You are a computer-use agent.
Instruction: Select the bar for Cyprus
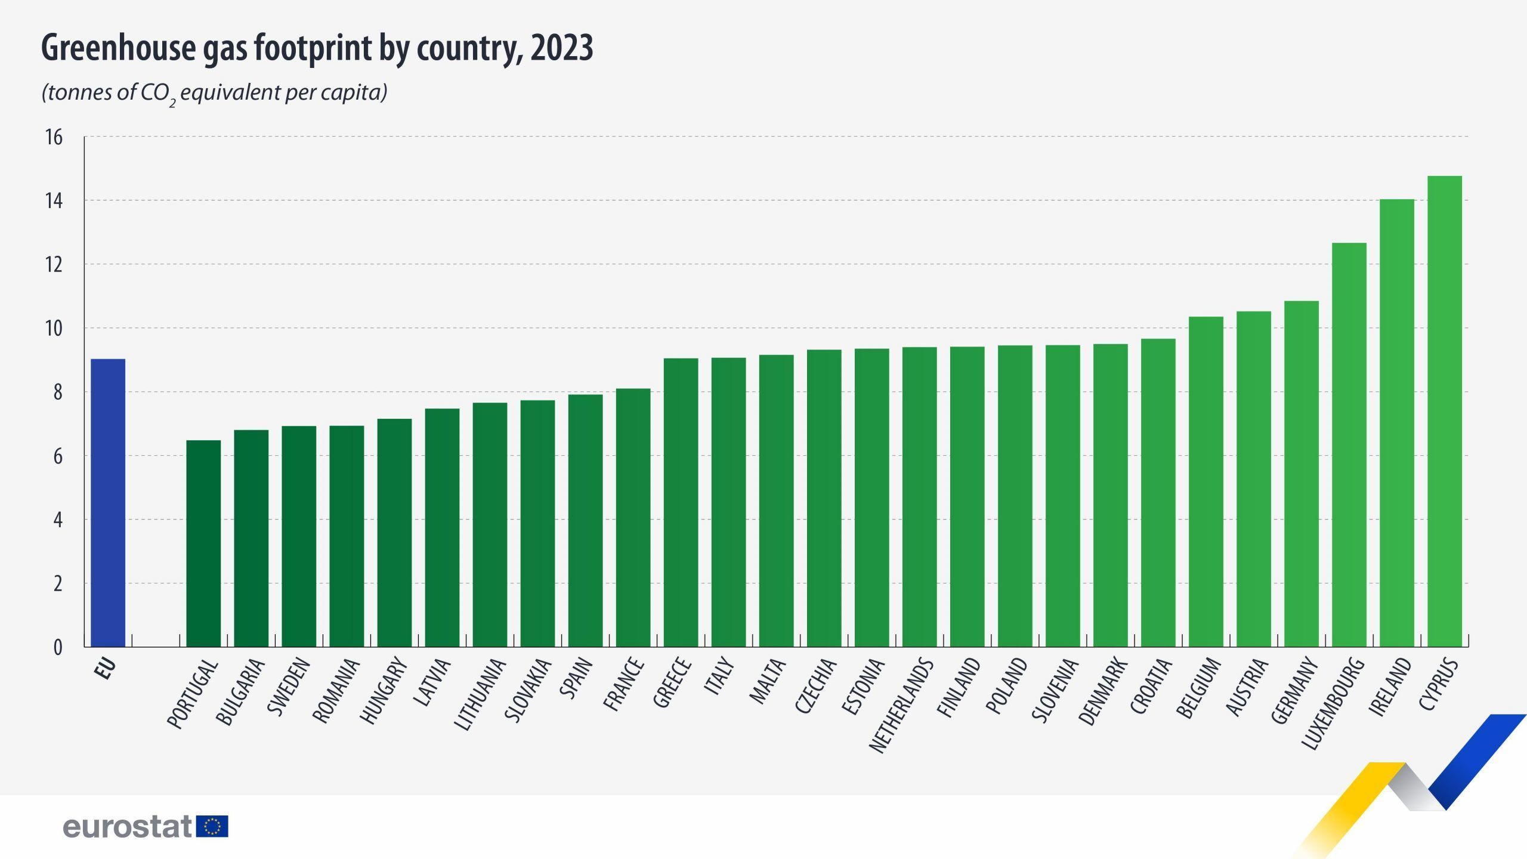[1444, 412]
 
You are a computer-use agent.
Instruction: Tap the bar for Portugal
[203, 543]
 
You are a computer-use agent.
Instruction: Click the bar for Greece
[681, 502]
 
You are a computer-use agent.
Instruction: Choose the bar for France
[633, 518]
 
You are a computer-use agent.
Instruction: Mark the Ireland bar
[1396, 423]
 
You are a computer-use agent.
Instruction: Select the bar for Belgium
[1205, 481]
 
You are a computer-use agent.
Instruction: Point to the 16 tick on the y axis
[54, 137]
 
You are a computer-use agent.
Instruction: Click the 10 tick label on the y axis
[54, 328]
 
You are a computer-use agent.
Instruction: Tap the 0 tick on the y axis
[58, 647]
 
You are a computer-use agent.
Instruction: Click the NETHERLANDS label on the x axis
[901, 705]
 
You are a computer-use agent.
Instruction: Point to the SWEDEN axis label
[289, 686]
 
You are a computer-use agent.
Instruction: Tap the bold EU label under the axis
[106, 669]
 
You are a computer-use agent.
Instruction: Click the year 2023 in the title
[561, 48]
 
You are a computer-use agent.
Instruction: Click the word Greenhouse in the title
[118, 48]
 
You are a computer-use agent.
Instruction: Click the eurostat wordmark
[127, 827]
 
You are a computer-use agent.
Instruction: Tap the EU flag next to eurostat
[212, 827]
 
